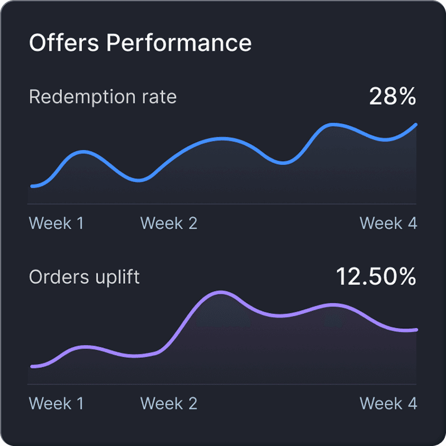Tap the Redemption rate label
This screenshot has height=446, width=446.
[x=103, y=97]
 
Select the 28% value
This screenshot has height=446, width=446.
[x=392, y=97]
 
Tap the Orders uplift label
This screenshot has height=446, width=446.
[x=84, y=277]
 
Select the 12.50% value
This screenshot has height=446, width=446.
[x=376, y=277]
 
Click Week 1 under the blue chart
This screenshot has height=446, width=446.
[x=56, y=224]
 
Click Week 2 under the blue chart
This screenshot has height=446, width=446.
[x=169, y=224]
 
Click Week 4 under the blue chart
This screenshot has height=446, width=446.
[x=388, y=224]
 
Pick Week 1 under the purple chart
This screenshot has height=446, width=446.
[x=56, y=404]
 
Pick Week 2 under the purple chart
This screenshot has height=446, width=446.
[x=169, y=404]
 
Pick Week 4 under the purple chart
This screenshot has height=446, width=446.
[x=388, y=404]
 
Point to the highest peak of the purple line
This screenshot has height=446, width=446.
[x=221, y=292]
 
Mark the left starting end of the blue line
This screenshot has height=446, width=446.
[x=32, y=186]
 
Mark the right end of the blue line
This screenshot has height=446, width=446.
[x=415, y=125]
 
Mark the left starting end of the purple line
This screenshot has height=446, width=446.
[x=32, y=366]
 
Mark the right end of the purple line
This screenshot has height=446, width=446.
[x=415, y=330]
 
